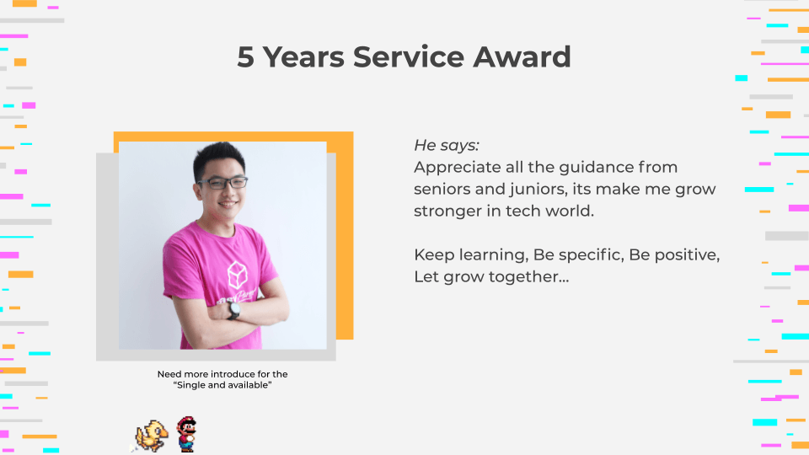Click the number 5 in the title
pyautogui.click(x=245, y=57)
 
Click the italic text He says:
pyautogui.click(x=447, y=145)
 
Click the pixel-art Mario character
pyautogui.click(x=185, y=435)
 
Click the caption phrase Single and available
pyautogui.click(x=222, y=385)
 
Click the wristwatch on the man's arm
pyautogui.click(x=234, y=310)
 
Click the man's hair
pyautogui.click(x=218, y=159)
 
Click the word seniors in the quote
pyautogui.click(x=442, y=189)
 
